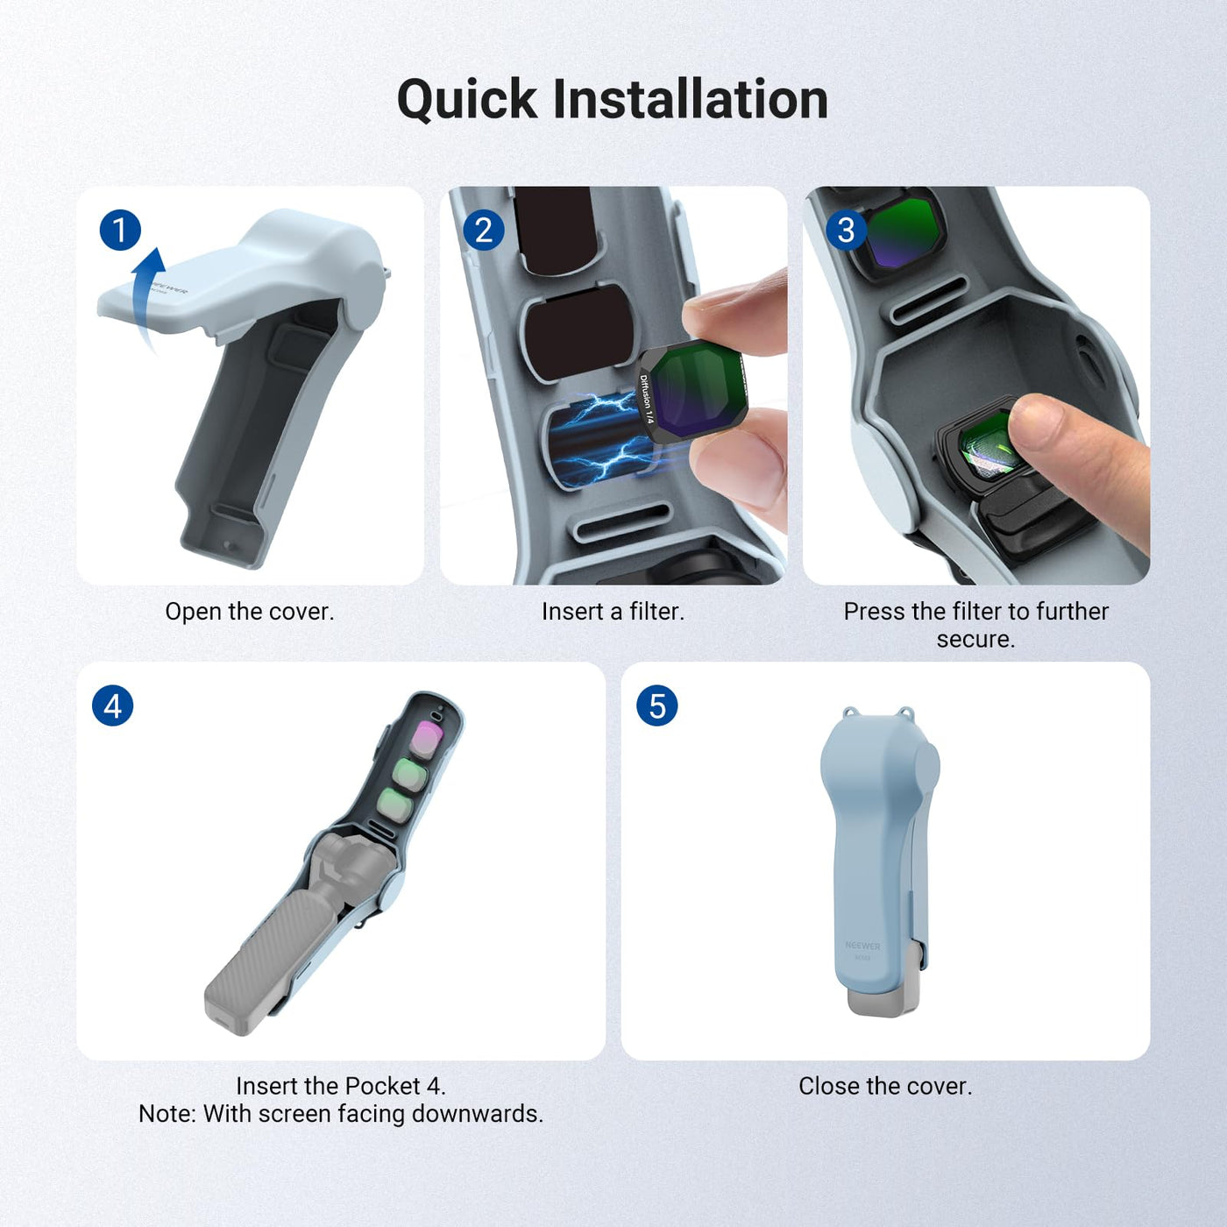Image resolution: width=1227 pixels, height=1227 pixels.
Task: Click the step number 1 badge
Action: coord(120,230)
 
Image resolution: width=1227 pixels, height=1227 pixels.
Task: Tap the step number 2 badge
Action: coord(483,230)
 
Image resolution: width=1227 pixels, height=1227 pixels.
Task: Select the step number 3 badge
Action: coord(847,230)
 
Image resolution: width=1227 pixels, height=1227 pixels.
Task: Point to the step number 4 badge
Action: coord(113,706)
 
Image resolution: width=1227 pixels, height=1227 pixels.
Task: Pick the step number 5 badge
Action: coord(657,706)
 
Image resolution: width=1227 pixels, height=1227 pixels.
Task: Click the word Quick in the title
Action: coord(467,101)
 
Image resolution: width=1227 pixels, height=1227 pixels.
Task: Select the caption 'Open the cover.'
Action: coord(250,611)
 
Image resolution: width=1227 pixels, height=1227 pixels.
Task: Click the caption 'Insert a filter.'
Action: coord(613,611)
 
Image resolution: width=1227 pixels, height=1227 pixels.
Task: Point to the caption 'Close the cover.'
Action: coord(886,1086)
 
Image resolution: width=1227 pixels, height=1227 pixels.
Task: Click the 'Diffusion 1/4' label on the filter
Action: coord(646,400)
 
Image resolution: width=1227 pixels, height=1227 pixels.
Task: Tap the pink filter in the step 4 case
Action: coord(427,739)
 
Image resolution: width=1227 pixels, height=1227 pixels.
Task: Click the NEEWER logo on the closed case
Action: coord(862,946)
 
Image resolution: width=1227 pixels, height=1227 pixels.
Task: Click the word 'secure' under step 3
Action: coord(975,639)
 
